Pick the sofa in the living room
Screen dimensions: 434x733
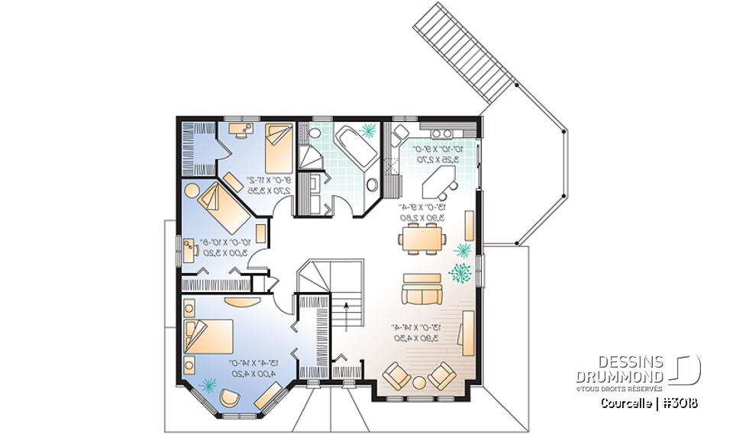point(422,289)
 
